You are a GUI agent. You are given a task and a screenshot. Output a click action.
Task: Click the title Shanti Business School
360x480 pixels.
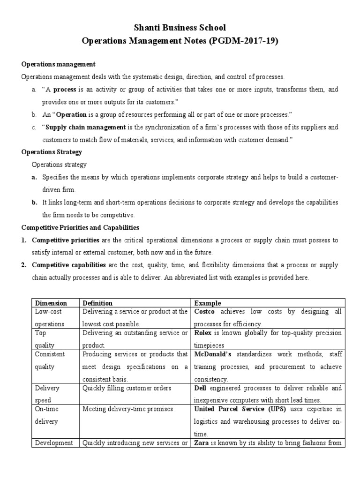pyautogui.click(x=180, y=28)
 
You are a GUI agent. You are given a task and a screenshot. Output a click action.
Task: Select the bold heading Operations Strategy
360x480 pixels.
pyautogui.click(x=52, y=152)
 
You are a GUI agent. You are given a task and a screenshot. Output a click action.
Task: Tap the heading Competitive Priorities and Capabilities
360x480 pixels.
pyautogui.click(x=81, y=227)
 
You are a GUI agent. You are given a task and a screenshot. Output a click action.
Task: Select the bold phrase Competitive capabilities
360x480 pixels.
pyautogui.click(x=69, y=265)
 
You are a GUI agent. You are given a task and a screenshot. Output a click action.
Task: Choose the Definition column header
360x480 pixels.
pyautogui.click(x=97, y=303)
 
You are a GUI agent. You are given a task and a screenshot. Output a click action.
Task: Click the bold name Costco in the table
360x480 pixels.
pyautogui.click(x=204, y=312)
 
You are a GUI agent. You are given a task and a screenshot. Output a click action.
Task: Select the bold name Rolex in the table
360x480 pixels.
pyautogui.click(x=203, y=333)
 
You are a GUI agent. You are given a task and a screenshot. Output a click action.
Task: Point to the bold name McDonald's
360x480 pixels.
pyautogui.click(x=211, y=354)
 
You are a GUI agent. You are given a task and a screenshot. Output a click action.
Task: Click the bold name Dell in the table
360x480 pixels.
pyautogui.click(x=200, y=388)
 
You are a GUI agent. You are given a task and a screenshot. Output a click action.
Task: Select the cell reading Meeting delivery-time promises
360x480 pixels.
pyautogui.click(x=128, y=409)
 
